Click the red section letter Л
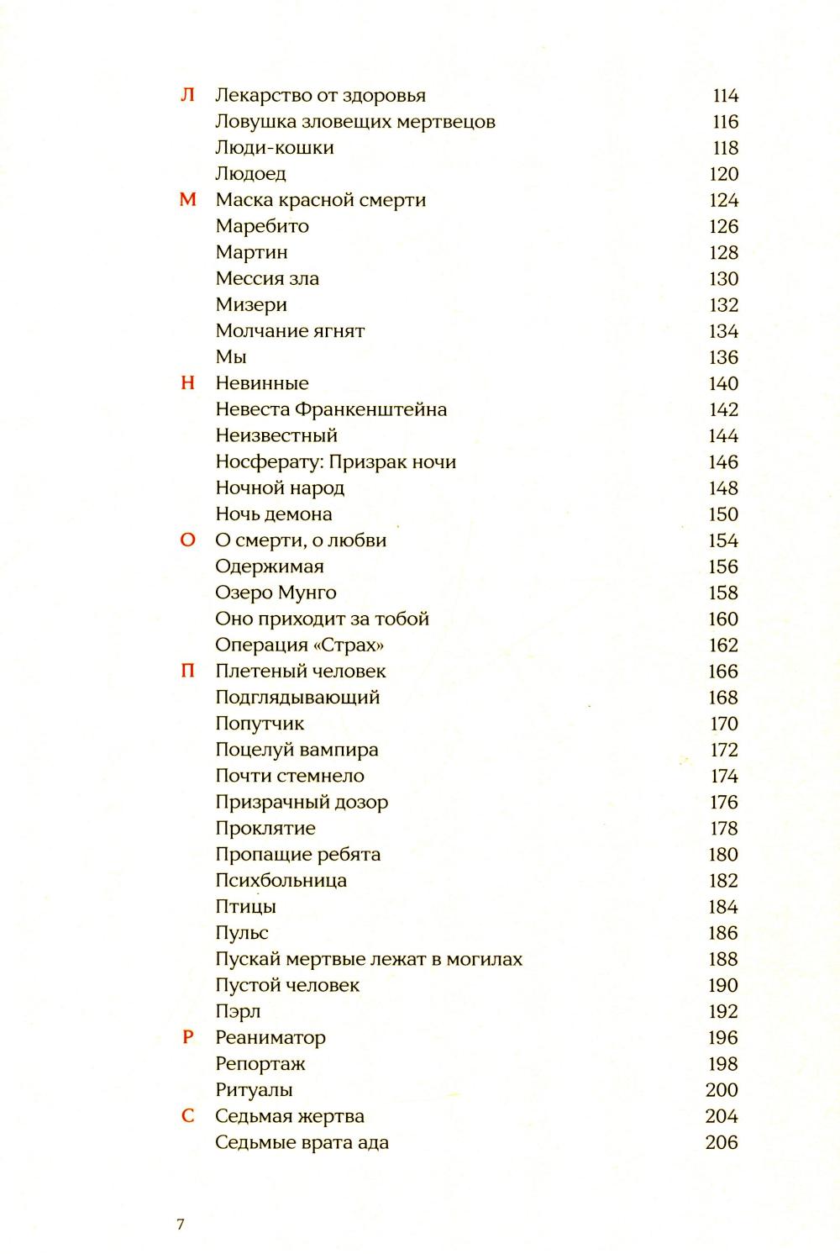pos(187,95)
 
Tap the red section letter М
pos(188,200)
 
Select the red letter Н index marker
pos(188,383)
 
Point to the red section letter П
pos(188,671)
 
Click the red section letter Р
pos(188,1037)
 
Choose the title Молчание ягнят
pos(290,331)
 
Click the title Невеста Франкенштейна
pos(331,409)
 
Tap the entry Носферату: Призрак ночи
pos(335,461)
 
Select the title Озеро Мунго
pos(276,593)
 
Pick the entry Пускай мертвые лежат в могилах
pos(369,959)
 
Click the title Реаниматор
pos(270,1037)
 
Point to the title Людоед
pos(250,174)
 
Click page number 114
pos(725,96)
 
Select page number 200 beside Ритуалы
pos(722,1090)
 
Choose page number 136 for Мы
pos(723,357)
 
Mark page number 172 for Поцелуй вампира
pos(724,750)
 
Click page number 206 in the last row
pos(722,1142)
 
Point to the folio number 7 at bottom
pos(181,1224)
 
